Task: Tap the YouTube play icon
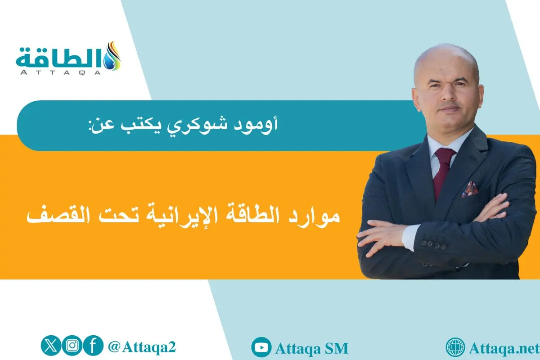point(261,348)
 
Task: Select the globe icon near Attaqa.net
point(455,348)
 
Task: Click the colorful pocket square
point(469,189)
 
